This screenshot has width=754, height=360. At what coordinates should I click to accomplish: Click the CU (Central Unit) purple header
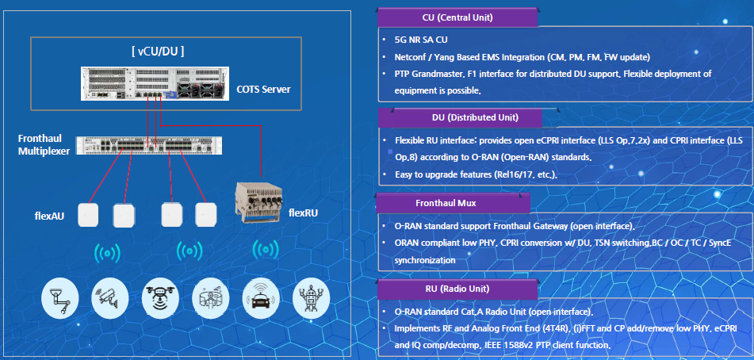point(457,17)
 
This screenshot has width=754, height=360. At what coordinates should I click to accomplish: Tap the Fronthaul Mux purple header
point(453,203)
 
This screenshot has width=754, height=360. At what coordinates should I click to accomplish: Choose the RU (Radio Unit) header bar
point(457,289)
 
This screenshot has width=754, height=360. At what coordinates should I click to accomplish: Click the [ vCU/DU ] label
point(158,52)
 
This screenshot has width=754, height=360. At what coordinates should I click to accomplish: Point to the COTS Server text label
point(263,90)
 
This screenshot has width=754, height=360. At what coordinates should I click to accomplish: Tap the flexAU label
point(49,216)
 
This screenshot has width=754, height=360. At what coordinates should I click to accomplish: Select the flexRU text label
point(303,213)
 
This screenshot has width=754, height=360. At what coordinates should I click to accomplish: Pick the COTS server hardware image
point(153,83)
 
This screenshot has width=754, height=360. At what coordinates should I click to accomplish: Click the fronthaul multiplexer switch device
point(149,146)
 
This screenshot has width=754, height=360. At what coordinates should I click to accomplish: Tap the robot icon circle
point(311,299)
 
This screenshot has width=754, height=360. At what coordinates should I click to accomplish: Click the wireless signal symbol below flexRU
point(266,250)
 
